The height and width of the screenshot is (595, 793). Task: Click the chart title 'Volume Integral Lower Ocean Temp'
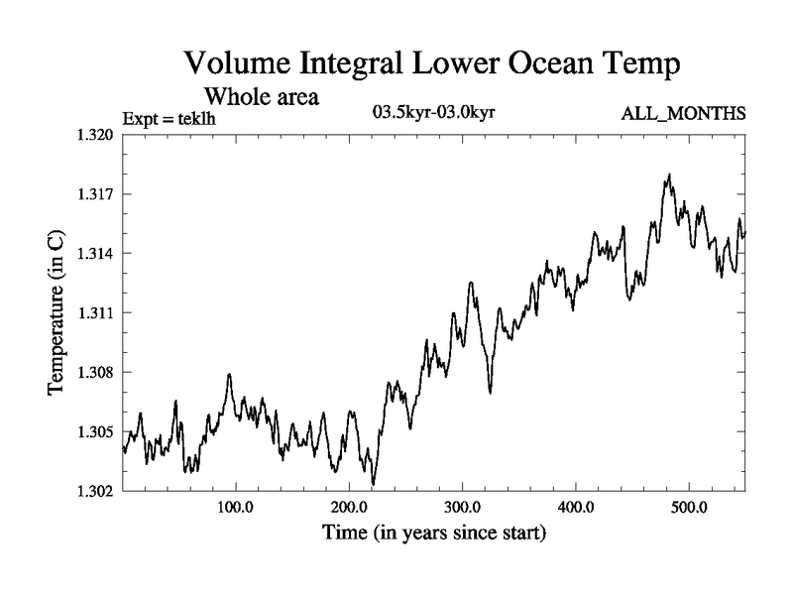pos(432,65)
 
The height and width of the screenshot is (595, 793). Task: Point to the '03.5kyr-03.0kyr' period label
pos(433,111)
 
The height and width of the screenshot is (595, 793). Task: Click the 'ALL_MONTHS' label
pos(683,114)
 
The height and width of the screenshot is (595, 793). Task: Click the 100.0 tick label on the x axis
pos(236,509)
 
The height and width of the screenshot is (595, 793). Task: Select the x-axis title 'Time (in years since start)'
pos(433,534)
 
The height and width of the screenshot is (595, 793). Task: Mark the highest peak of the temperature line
pos(670,175)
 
